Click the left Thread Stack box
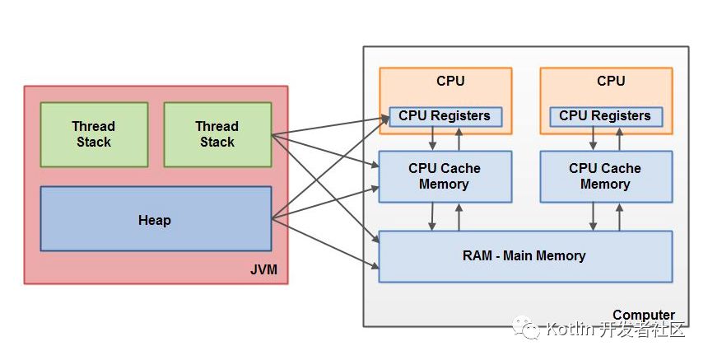[94, 134]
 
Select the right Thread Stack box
[217, 134]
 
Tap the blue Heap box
[156, 219]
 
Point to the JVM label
[264, 271]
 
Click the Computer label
[643, 315]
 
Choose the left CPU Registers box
[444, 116]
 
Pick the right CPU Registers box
[604, 116]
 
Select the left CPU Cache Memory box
[444, 176]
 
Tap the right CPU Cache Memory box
[604, 176]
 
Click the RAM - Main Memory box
[524, 256]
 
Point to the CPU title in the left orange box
[450, 82]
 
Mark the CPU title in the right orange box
[611, 82]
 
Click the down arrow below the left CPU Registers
[432, 138]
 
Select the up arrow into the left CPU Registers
[459, 138]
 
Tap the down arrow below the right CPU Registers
[593, 138]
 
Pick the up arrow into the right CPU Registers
[620, 138]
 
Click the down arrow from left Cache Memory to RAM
[432, 217]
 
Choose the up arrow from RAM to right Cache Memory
[620, 217]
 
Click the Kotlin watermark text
[616, 331]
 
